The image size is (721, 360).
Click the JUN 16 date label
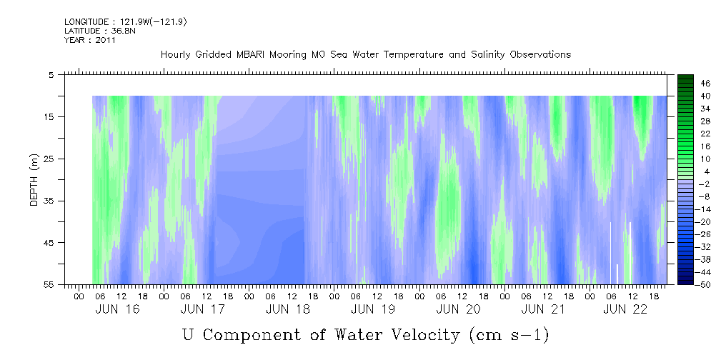click(117, 309)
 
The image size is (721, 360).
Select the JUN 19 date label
click(372, 309)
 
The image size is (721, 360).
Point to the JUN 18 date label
click(287, 309)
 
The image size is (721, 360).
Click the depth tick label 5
click(51, 74)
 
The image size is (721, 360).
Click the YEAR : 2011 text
click(90, 40)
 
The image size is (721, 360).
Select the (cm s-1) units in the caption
click(509, 334)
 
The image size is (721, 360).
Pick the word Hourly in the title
click(176, 55)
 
